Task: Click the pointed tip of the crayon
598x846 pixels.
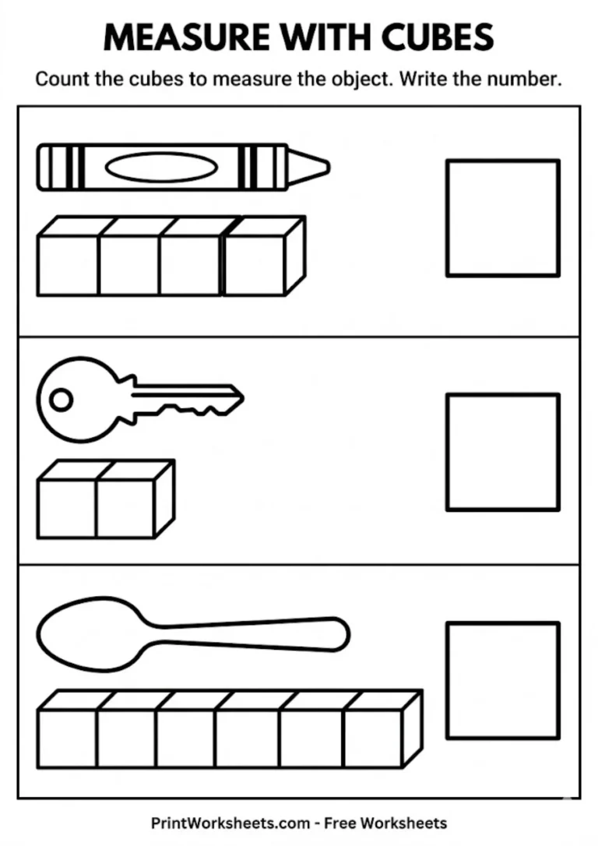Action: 321,166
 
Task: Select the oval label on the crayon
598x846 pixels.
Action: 160,167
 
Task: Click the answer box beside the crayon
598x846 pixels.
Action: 502,218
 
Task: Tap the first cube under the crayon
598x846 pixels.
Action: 68,265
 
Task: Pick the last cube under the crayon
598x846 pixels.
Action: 255,265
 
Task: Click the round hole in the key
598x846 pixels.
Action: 60,400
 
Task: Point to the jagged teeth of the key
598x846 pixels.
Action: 195,408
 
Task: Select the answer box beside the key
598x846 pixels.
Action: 502,453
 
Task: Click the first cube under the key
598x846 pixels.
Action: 66,507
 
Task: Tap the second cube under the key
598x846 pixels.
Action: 125,507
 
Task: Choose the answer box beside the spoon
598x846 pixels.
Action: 502,679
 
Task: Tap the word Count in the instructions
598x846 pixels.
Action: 62,79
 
